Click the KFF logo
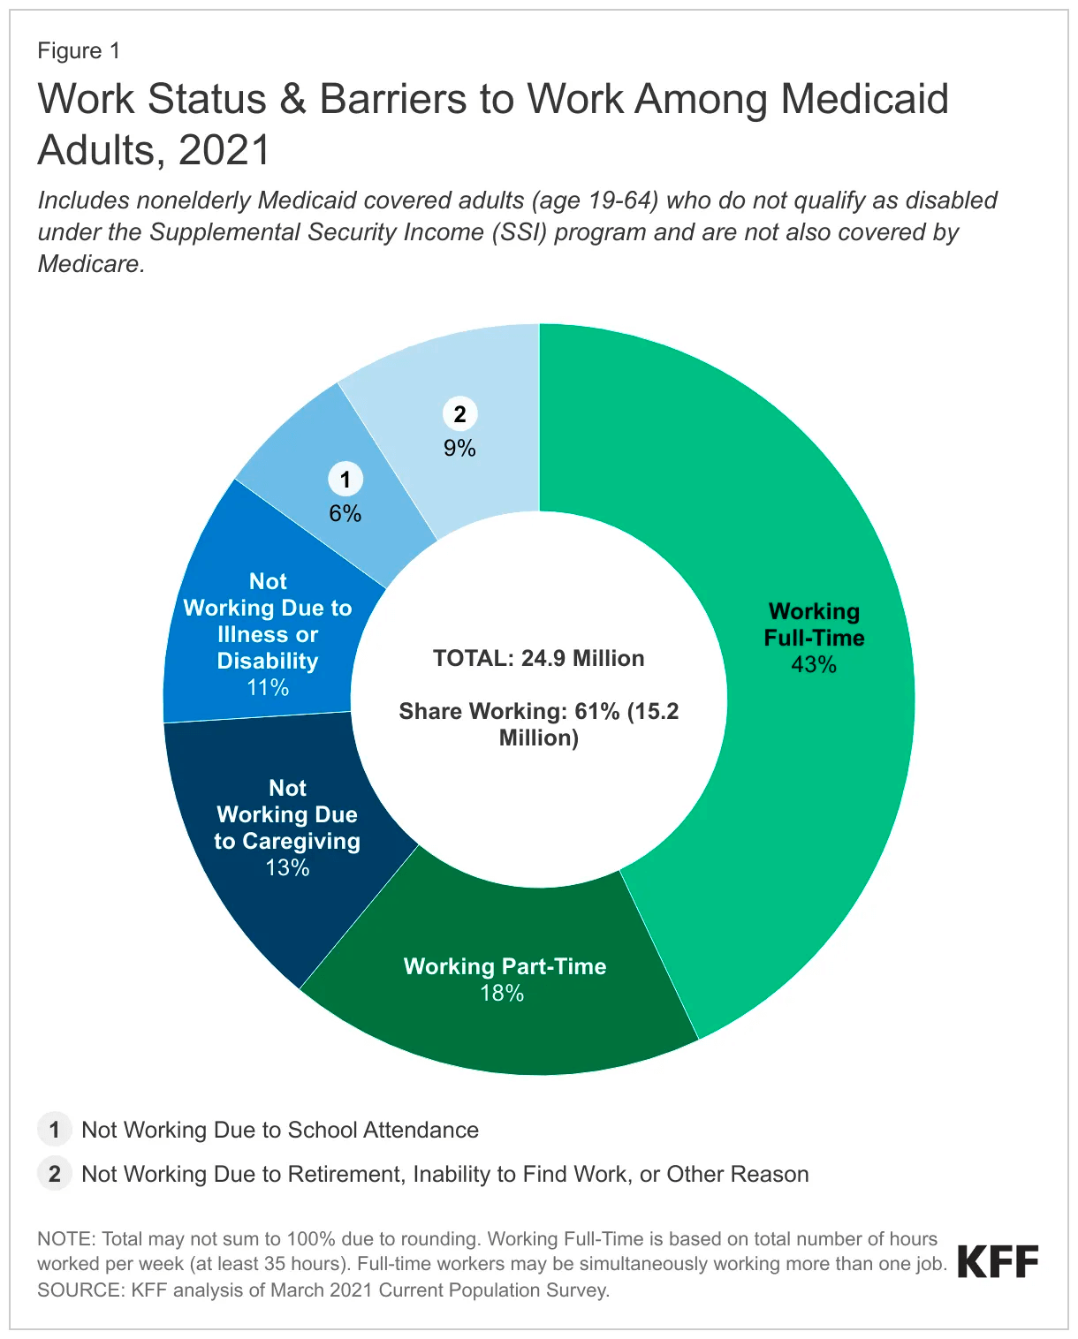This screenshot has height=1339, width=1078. coord(998,1262)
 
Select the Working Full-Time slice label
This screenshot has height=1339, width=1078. coord(814,624)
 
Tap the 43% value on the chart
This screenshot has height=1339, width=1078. coord(814,665)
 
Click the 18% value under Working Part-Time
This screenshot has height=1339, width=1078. coord(502,994)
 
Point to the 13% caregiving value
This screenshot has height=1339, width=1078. coord(287,868)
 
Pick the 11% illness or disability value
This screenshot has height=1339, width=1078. coord(268,687)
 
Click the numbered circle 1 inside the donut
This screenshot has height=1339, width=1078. coord(345,480)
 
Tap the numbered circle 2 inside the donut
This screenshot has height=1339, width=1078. coord(459,413)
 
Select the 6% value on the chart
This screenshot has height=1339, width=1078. coord(345,514)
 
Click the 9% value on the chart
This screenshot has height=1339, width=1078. coord(459,449)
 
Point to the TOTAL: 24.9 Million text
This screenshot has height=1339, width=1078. coord(539,658)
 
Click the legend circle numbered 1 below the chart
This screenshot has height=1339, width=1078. coord(54,1130)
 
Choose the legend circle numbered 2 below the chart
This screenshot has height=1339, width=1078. coord(54,1174)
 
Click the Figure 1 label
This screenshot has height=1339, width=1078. coord(79,51)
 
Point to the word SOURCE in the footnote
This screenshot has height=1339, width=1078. coord(79,1290)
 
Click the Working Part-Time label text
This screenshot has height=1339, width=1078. coord(505,966)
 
